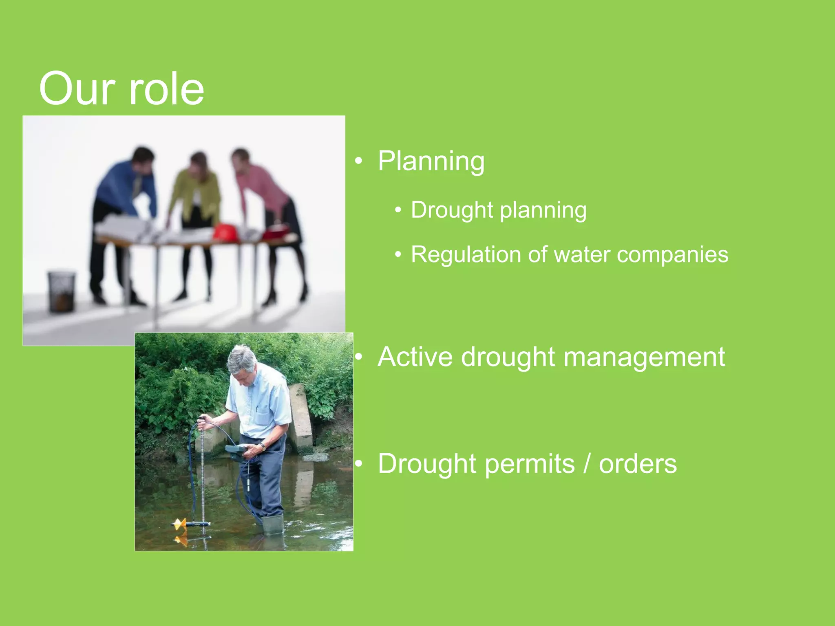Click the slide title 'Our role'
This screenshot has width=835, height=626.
121,89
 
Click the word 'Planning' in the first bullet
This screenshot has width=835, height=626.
431,161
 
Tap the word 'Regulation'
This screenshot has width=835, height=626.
466,255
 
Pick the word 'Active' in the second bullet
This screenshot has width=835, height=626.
415,357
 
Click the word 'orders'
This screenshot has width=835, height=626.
638,464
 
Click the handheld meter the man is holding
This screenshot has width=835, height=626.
236,450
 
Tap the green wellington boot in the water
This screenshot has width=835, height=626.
272,524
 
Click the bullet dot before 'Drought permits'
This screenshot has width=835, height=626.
358,464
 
